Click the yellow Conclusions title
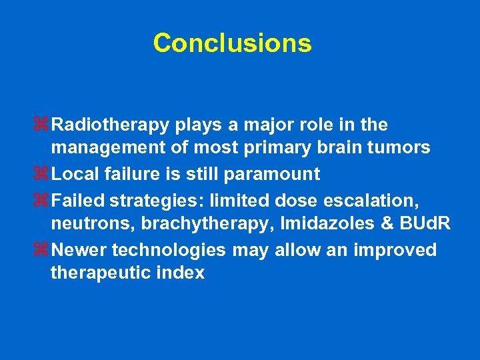(232, 43)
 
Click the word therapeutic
(101, 273)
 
